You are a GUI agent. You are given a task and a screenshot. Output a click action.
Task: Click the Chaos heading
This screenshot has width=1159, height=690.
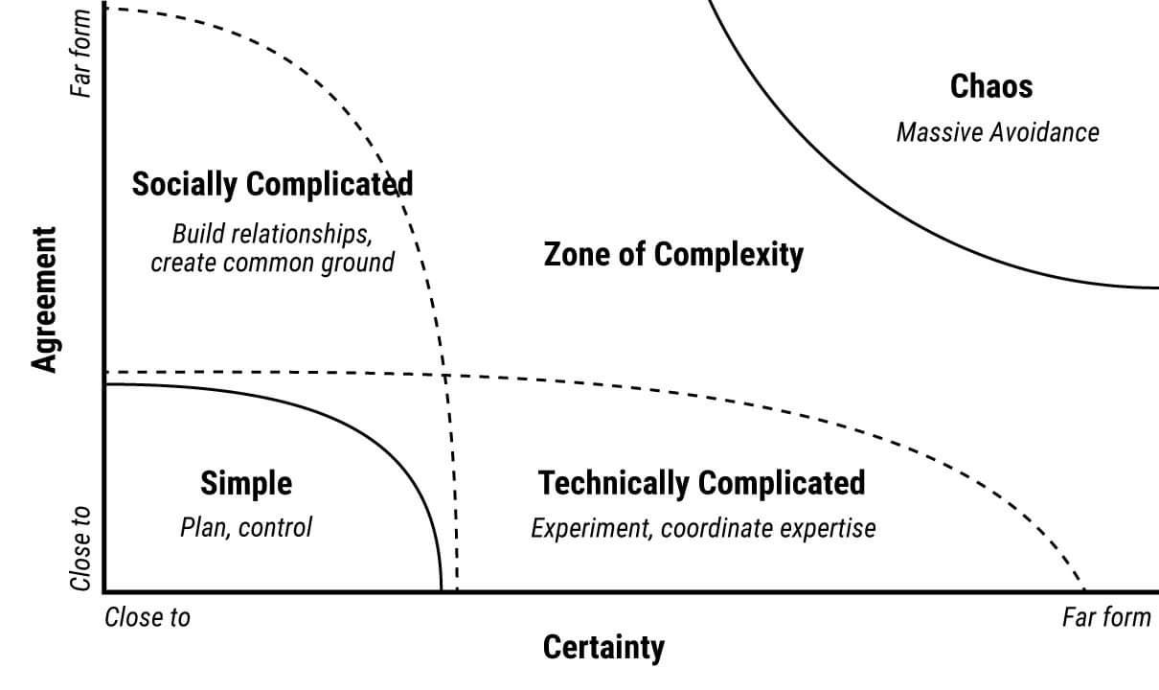pyautogui.click(x=991, y=86)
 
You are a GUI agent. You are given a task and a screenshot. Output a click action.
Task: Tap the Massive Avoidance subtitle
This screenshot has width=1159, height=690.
pyautogui.click(x=997, y=131)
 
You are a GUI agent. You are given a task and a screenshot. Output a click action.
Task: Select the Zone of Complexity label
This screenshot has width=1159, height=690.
pyautogui.click(x=673, y=255)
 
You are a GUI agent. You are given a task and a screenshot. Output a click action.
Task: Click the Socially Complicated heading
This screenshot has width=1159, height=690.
pyautogui.click(x=272, y=183)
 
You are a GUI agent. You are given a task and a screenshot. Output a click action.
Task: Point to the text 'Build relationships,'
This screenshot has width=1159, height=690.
pyautogui.click(x=272, y=234)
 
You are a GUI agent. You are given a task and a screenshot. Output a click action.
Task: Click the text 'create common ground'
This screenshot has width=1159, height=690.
pyautogui.click(x=272, y=262)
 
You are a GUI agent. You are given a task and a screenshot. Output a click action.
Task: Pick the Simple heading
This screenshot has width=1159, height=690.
pyautogui.click(x=246, y=484)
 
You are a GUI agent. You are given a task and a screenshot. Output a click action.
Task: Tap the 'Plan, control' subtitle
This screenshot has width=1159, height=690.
pyautogui.click(x=246, y=527)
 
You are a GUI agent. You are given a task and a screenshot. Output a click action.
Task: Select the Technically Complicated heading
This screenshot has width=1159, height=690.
pyautogui.click(x=701, y=482)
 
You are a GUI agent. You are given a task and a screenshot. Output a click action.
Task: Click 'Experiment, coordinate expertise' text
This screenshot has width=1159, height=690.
pyautogui.click(x=703, y=528)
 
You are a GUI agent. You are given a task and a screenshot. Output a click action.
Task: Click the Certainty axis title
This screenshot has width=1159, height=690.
pyautogui.click(x=602, y=648)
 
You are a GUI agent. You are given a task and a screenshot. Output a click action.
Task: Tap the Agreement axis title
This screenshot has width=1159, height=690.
pyautogui.click(x=44, y=298)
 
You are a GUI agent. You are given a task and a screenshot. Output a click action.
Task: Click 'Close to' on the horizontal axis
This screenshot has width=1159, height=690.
pyautogui.click(x=148, y=617)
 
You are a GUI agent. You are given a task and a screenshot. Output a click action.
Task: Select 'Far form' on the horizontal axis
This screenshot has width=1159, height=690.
pyautogui.click(x=1106, y=617)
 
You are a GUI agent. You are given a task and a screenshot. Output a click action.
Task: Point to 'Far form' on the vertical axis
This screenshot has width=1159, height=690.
pyautogui.click(x=81, y=53)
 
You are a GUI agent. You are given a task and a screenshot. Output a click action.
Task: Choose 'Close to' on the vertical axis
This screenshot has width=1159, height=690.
pyautogui.click(x=81, y=549)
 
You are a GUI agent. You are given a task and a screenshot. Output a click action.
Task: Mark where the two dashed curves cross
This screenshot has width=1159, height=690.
pyautogui.click(x=445, y=374)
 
